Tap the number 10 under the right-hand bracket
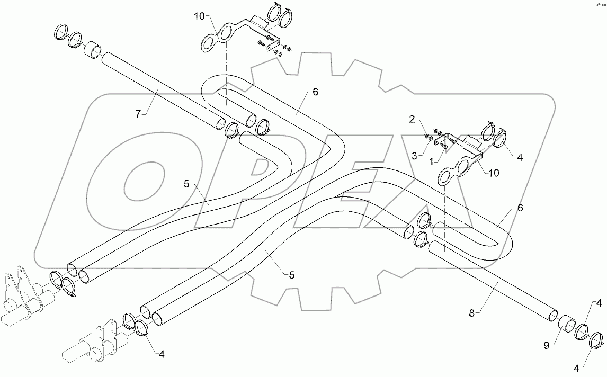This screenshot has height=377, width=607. point(494,173)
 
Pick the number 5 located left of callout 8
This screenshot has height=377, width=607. point(291,275)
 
